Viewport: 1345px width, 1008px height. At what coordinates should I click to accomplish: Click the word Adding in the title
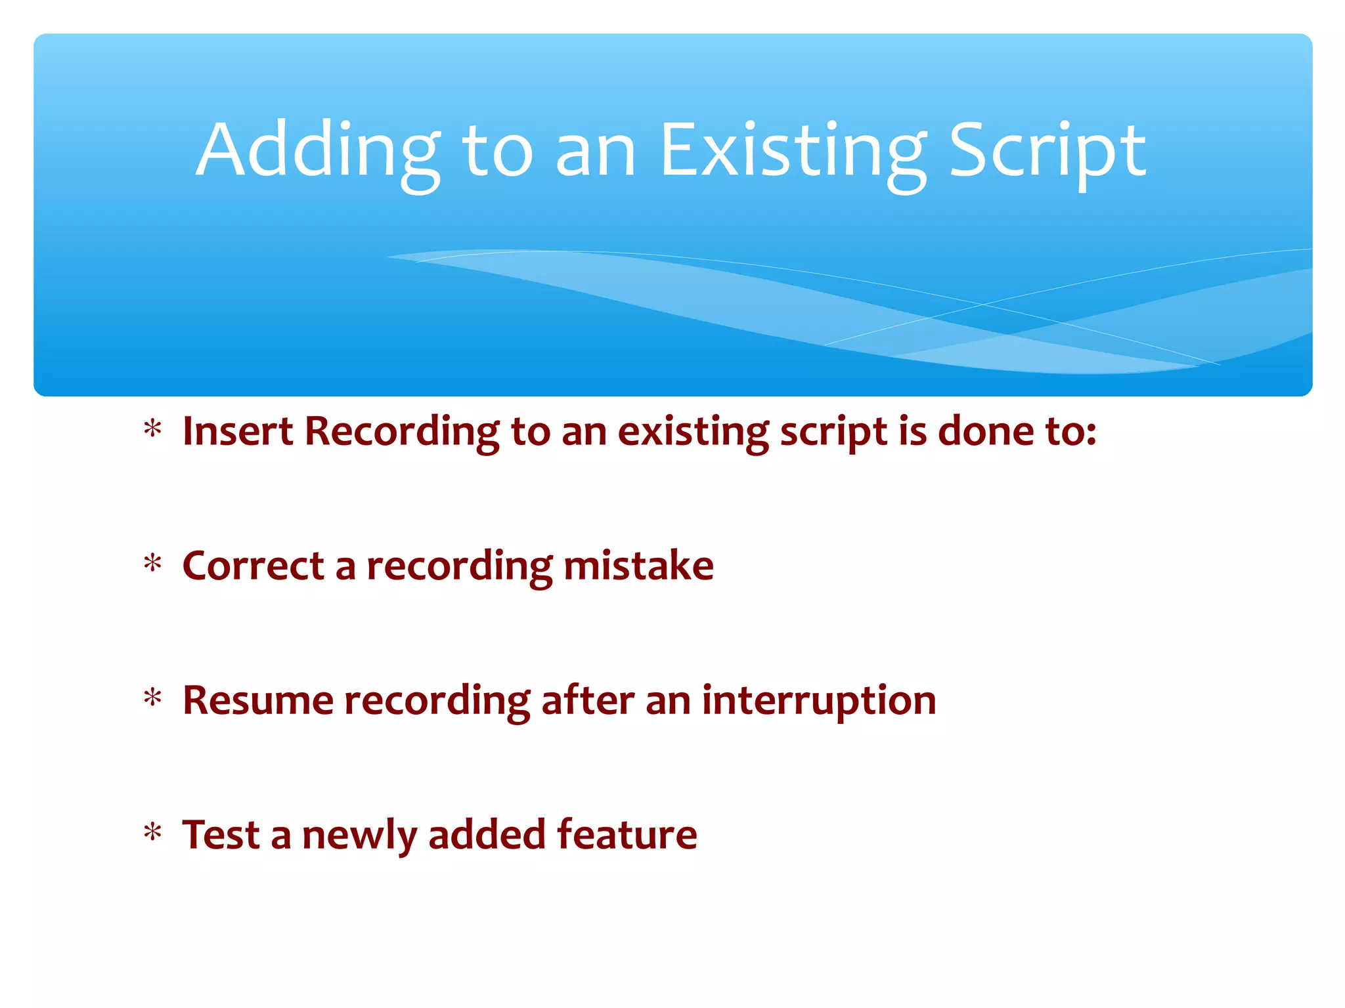click(318, 152)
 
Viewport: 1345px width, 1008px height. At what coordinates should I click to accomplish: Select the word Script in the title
click(1047, 152)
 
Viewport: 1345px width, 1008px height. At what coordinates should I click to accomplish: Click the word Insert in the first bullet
click(238, 431)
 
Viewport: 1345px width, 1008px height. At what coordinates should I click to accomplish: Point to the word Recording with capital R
click(402, 432)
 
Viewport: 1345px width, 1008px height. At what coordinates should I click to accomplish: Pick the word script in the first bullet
click(833, 432)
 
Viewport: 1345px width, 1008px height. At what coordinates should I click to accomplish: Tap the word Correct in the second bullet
click(254, 566)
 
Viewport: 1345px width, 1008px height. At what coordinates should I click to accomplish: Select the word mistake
click(638, 566)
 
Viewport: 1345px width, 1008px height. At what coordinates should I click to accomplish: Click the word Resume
click(258, 700)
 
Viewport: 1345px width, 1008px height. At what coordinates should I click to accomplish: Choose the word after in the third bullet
click(588, 700)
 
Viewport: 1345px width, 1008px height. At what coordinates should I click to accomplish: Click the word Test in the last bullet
click(221, 835)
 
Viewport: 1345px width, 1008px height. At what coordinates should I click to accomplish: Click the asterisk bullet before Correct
click(153, 564)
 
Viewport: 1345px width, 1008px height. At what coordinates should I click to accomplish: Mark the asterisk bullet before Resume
click(153, 698)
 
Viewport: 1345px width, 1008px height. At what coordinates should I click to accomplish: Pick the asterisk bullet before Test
click(153, 833)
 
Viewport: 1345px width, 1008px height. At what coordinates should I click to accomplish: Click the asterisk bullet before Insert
click(153, 429)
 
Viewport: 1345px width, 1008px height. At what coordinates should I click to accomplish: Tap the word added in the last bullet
click(487, 835)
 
